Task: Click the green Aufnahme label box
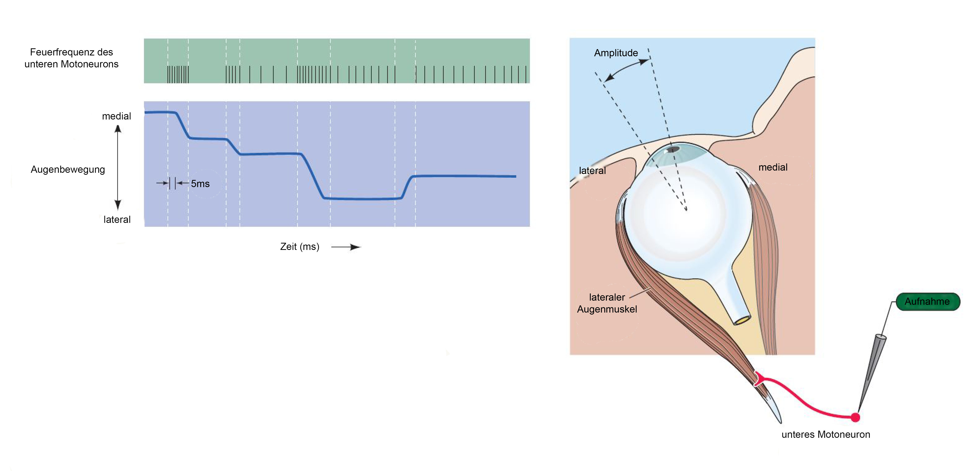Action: click(928, 302)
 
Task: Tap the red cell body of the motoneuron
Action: click(855, 417)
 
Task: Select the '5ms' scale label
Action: click(200, 184)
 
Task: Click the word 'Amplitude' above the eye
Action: click(616, 53)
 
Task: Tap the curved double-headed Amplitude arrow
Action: click(626, 68)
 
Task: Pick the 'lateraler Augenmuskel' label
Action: click(607, 303)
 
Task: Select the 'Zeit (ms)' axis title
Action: click(300, 247)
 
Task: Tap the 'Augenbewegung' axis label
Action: click(68, 169)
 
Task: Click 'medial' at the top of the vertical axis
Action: click(117, 116)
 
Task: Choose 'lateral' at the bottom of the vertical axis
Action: click(117, 220)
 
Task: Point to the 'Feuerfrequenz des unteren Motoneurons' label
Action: click(71, 58)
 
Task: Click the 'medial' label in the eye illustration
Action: click(773, 167)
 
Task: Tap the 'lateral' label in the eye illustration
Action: click(592, 171)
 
